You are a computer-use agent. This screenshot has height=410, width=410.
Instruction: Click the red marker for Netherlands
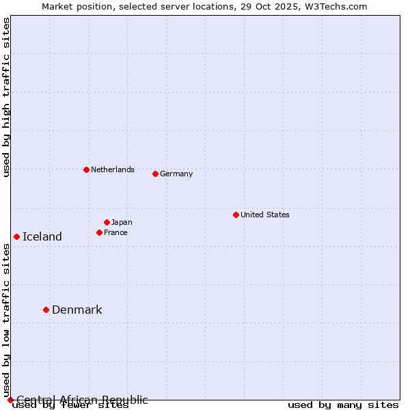click(x=86, y=169)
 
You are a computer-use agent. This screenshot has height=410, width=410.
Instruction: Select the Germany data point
click(x=155, y=174)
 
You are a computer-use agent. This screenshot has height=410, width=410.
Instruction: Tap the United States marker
click(x=236, y=215)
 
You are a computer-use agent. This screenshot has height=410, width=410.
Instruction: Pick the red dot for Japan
click(x=107, y=222)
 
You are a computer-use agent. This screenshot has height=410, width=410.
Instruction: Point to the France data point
click(x=99, y=232)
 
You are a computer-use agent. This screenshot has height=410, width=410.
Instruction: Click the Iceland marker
click(x=16, y=236)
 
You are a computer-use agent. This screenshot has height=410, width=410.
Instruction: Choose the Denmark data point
click(x=46, y=310)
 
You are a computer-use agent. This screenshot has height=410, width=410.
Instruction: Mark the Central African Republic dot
click(x=10, y=400)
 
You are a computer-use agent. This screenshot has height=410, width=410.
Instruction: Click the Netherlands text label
click(x=113, y=169)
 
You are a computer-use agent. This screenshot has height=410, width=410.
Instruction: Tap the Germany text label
click(x=176, y=174)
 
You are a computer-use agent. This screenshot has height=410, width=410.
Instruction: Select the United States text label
click(x=265, y=215)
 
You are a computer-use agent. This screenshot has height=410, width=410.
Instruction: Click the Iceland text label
click(x=42, y=236)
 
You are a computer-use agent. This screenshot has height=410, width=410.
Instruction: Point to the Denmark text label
click(x=77, y=310)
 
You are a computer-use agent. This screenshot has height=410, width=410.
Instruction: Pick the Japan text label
click(x=122, y=222)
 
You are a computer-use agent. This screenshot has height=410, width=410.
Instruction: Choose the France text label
click(x=115, y=232)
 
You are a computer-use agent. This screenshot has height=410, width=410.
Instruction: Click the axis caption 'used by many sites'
click(x=343, y=405)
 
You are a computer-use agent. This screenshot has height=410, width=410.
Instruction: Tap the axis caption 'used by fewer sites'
click(x=70, y=406)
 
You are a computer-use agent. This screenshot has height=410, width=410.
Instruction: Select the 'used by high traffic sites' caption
click(x=6, y=97)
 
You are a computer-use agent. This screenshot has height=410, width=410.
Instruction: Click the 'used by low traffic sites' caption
click(x=6, y=321)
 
